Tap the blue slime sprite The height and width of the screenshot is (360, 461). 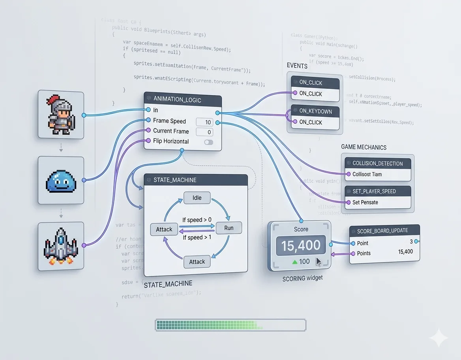(61, 180)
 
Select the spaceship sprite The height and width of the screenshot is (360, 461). (61, 246)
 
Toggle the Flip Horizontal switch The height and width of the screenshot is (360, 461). (208, 142)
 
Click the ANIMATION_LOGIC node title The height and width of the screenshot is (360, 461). (177, 100)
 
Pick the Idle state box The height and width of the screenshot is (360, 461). (197, 198)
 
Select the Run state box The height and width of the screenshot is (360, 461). (229, 228)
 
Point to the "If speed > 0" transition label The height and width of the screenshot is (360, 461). (197, 220)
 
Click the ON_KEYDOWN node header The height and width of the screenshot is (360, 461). (315, 111)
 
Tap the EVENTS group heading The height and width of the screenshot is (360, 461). (297, 66)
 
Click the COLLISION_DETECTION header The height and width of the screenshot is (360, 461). (377, 163)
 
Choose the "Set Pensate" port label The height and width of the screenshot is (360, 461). (365, 202)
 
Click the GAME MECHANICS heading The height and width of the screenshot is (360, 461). (364, 147)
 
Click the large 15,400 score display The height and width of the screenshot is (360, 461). (301, 246)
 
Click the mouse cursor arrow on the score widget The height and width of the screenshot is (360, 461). (318, 262)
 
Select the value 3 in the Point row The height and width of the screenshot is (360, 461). (411, 242)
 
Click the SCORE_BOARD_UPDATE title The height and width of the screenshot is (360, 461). (382, 231)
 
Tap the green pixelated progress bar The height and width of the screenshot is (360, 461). (230, 325)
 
